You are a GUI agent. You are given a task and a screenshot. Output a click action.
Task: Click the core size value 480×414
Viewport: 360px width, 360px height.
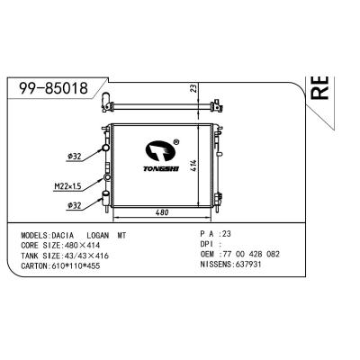(x=89, y=244)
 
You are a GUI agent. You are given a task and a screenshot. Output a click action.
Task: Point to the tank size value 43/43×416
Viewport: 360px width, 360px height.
(x=91, y=255)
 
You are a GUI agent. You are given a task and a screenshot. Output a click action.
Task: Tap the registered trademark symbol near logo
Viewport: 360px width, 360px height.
(x=176, y=140)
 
